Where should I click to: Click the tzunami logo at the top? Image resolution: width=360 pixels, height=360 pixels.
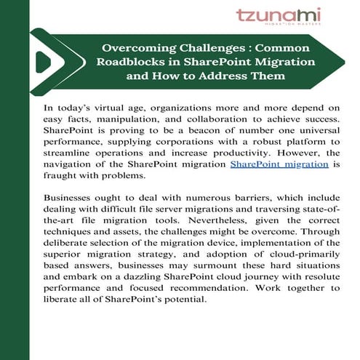pos(278,17)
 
